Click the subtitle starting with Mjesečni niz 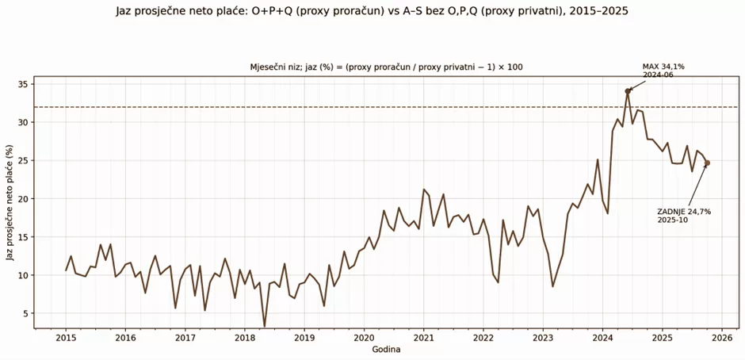point(386,67)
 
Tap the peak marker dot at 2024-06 point(628,91)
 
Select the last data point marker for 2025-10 point(707,163)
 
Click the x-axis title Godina point(386,350)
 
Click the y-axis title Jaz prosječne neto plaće point(10,202)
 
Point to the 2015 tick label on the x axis point(65,337)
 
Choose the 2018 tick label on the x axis point(244,337)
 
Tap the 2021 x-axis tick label point(423,337)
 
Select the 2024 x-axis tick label point(602,337)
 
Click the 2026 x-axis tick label point(721,337)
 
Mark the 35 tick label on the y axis point(24,84)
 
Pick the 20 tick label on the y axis point(24,199)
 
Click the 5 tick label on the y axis point(26,314)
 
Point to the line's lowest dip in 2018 point(265,325)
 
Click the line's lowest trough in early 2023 point(553,286)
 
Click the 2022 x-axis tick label point(483,337)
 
